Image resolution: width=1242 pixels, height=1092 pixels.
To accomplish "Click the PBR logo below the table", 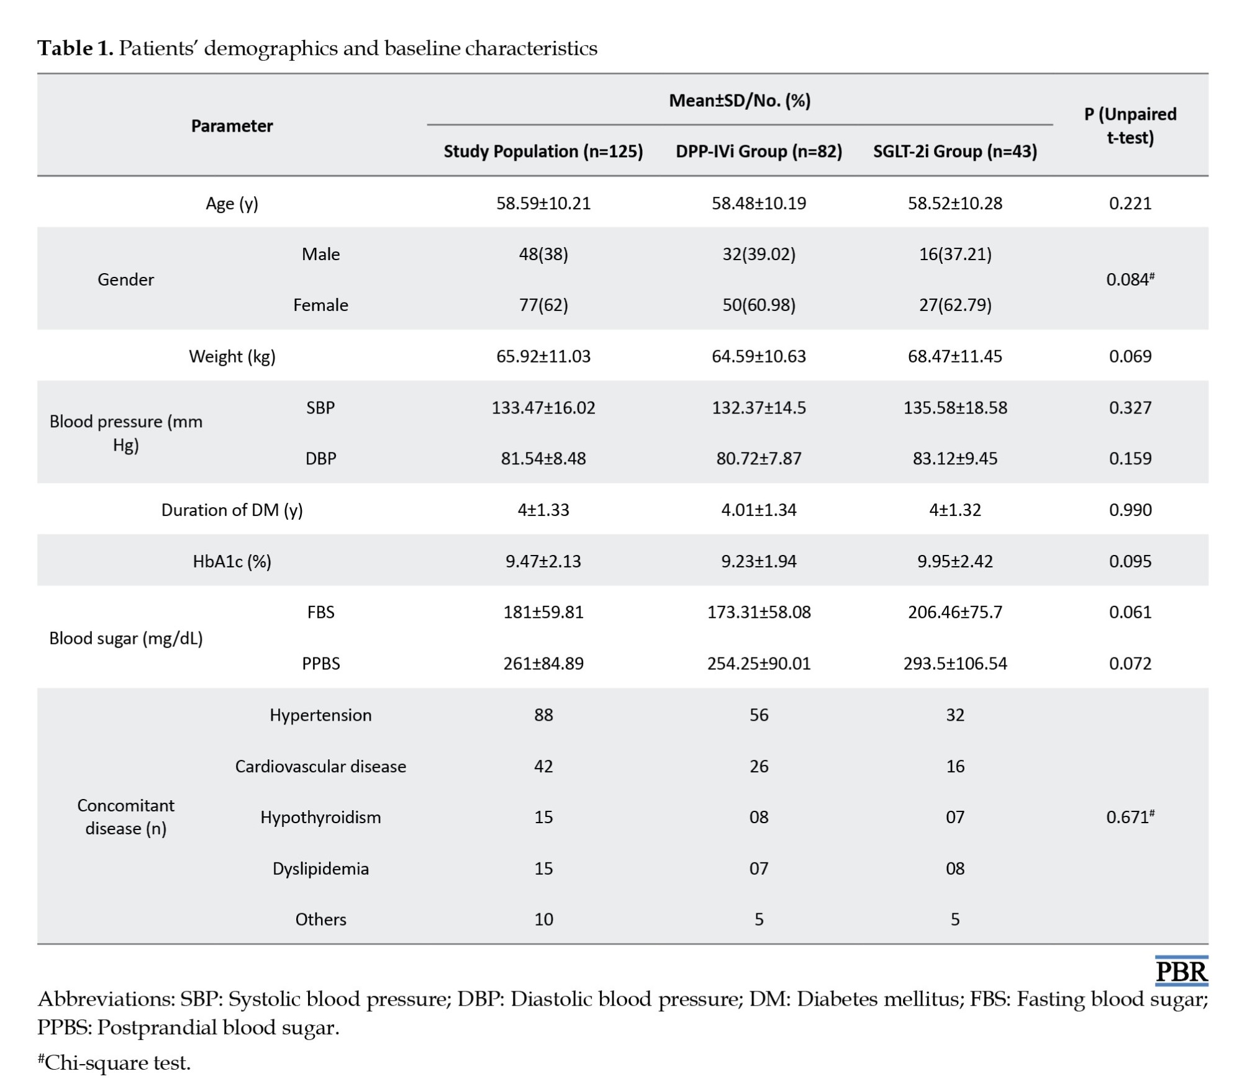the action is click(x=1181, y=971).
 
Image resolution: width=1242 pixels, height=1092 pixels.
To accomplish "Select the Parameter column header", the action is click(x=232, y=126).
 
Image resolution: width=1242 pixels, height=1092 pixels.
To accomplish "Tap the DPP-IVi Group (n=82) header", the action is click(x=759, y=151).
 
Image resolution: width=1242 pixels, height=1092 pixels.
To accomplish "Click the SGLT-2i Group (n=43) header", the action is click(x=955, y=151).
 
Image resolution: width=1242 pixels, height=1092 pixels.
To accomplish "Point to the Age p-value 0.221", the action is click(x=1130, y=203).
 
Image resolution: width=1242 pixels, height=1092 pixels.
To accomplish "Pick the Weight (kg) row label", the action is click(x=232, y=356).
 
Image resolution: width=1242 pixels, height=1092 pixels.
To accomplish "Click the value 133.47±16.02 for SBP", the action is click(x=543, y=407).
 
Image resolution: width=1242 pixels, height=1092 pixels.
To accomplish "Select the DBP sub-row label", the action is click(x=320, y=458).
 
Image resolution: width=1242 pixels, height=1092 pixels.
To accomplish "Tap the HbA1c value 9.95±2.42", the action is click(x=955, y=561).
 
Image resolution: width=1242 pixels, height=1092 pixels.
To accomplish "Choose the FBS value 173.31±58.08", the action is click(x=759, y=612).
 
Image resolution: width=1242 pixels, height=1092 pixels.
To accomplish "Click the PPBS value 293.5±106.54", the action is click(x=955, y=663).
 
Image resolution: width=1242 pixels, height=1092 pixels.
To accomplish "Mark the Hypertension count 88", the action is click(x=543, y=715).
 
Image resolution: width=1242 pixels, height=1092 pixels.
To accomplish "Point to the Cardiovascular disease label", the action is click(x=320, y=766).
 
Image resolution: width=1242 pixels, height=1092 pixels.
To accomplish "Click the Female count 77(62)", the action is click(x=543, y=305).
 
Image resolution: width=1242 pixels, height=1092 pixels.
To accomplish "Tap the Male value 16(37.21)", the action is click(x=955, y=254).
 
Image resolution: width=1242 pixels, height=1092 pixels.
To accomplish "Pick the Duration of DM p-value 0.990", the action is click(x=1130, y=510).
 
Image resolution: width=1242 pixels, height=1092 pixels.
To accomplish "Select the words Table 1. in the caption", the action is click(x=75, y=48).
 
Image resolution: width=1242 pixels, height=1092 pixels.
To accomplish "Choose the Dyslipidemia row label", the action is click(x=320, y=868).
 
